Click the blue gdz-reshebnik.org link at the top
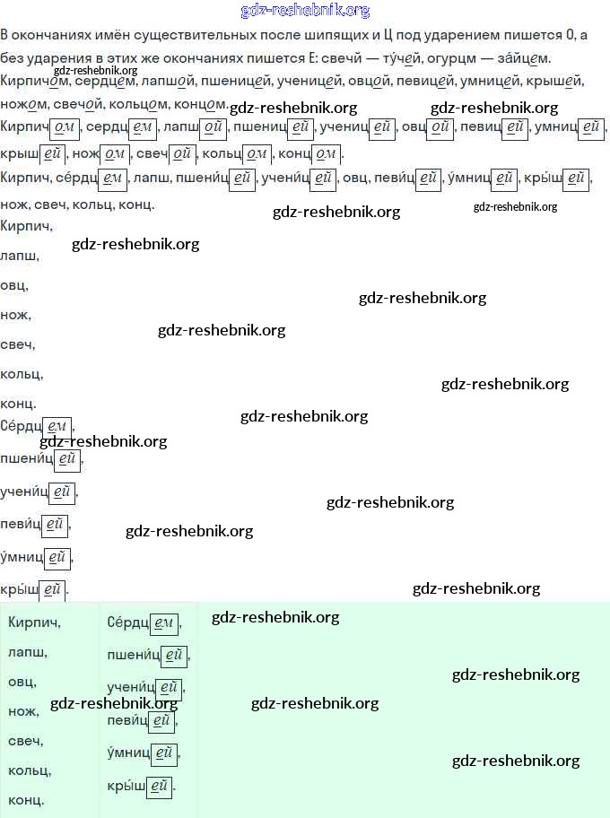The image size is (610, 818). [306, 10]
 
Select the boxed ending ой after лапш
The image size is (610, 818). [213, 127]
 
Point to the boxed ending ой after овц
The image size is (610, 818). [440, 127]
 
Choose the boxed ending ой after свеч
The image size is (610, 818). [183, 152]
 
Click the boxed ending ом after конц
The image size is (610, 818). [325, 152]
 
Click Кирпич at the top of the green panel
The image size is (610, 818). [34, 622]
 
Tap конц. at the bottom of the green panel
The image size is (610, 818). [26, 799]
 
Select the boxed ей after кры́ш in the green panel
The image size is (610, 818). [159, 787]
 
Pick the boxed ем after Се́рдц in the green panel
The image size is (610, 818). [164, 622]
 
